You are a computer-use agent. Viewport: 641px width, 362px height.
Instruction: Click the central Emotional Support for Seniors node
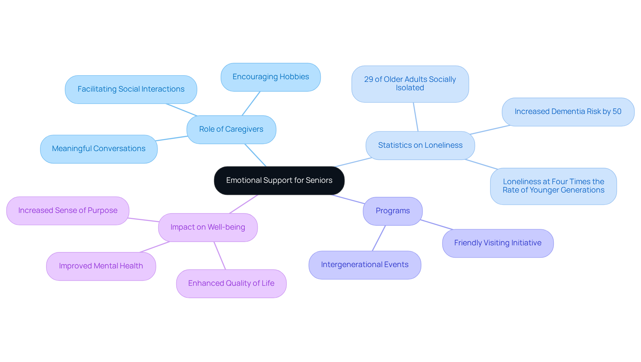279,180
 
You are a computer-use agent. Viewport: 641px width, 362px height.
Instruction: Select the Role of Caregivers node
231,129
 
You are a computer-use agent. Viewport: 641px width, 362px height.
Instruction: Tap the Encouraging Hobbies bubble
270,77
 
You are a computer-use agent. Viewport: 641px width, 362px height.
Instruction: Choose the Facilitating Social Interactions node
131,89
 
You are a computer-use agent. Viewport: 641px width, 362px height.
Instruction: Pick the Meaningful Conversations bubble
98,149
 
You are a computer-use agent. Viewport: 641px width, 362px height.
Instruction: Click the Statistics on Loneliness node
420,145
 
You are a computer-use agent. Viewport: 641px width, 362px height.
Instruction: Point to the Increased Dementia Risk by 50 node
568,112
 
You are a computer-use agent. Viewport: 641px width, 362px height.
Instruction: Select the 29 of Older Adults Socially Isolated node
410,84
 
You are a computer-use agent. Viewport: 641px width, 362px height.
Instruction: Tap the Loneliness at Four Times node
553,186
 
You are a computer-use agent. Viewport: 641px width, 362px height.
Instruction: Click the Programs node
393,211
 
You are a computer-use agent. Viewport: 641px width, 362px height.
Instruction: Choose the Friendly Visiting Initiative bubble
497,243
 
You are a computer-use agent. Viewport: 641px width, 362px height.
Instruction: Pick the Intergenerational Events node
365,265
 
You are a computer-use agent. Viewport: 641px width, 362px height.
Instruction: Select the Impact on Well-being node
208,227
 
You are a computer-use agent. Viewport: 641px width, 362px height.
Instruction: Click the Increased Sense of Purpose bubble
68,211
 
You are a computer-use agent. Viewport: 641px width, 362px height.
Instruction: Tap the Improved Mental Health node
101,266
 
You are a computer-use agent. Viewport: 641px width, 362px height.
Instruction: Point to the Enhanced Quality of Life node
231,283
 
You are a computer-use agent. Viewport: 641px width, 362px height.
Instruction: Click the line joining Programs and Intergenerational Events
379,238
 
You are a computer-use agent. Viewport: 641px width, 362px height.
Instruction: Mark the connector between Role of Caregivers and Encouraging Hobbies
251,104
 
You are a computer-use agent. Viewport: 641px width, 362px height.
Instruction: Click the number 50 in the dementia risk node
617,112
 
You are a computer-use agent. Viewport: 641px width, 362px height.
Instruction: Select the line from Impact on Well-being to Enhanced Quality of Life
220,256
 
